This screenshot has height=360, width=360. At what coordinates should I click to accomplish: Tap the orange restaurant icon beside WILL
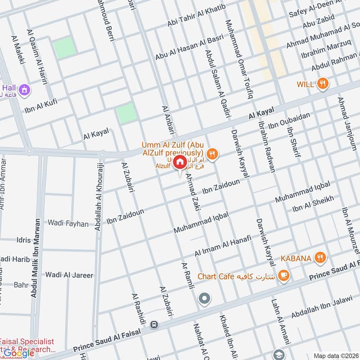(322, 83)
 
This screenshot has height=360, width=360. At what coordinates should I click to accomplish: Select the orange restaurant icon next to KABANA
(320, 258)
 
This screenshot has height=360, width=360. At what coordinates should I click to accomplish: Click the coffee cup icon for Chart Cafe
(283, 275)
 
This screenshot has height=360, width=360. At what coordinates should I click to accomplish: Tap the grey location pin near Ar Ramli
(205, 298)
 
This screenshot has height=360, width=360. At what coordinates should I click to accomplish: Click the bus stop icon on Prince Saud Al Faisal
(154, 324)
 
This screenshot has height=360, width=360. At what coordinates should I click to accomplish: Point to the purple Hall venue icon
(24, 89)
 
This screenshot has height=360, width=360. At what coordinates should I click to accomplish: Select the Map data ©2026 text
(335, 355)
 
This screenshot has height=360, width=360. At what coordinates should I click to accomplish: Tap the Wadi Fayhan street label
(68, 223)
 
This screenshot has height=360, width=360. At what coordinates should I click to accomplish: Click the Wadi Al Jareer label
(69, 275)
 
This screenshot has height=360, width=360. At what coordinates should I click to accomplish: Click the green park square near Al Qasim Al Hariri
(65, 48)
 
